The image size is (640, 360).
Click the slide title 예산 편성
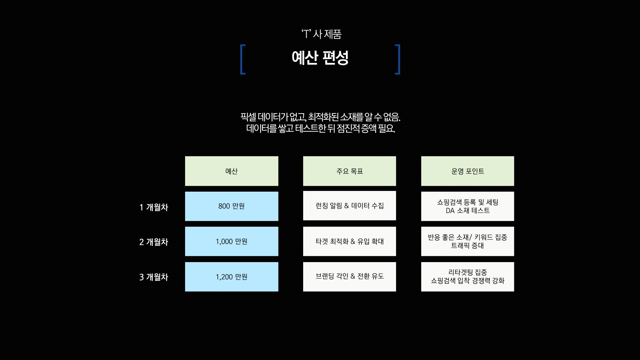pyautogui.click(x=320, y=58)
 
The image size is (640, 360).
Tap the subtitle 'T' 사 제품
pyautogui.click(x=322, y=34)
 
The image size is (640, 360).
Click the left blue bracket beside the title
pyautogui.click(x=243, y=59)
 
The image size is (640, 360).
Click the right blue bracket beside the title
pyautogui.click(x=398, y=59)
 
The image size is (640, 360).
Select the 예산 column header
pyautogui.click(x=232, y=171)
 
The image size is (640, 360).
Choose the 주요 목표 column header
pyautogui.click(x=349, y=171)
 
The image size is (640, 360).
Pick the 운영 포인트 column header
pyautogui.click(x=467, y=171)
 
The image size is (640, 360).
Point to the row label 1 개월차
pyautogui.click(x=154, y=207)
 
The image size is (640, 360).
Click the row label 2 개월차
pyautogui.click(x=154, y=242)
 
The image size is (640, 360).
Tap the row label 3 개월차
pyautogui.click(x=154, y=277)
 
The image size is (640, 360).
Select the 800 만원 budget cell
pyautogui.click(x=232, y=206)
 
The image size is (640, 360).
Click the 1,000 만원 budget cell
pyautogui.click(x=232, y=241)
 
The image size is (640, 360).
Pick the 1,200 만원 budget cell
pyautogui.click(x=232, y=277)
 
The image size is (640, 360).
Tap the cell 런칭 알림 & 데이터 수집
pyautogui.click(x=349, y=206)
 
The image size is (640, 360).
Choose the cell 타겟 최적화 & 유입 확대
pyautogui.click(x=349, y=241)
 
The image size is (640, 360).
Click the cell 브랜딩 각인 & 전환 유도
pyautogui.click(x=349, y=277)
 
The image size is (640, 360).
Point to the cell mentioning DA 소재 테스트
pyautogui.click(x=467, y=206)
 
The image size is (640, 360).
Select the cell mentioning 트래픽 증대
pyautogui.click(x=467, y=241)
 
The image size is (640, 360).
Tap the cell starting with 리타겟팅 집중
pyautogui.click(x=467, y=277)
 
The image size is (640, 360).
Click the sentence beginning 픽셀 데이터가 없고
pyautogui.click(x=320, y=117)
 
